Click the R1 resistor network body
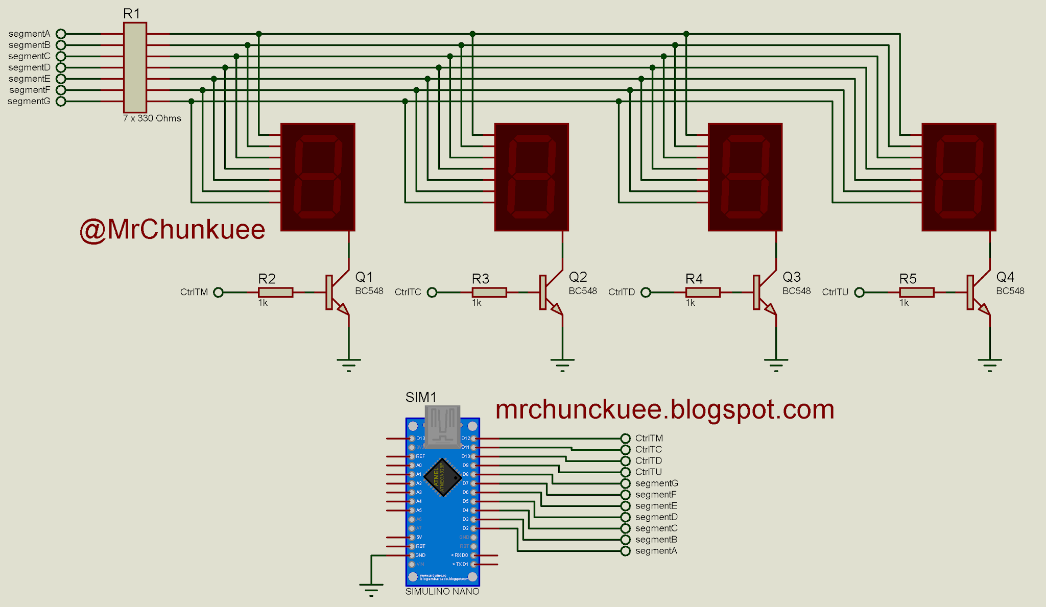pos(135,67)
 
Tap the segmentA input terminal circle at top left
pos(61,34)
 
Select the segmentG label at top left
pos(29,101)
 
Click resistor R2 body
pos(275,292)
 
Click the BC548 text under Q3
pos(796,291)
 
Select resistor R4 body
pos(703,292)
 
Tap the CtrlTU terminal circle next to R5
pos(860,292)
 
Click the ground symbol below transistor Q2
pos(562,363)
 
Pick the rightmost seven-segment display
pos(959,177)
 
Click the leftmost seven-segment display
pos(318,177)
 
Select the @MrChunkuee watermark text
pos(173,230)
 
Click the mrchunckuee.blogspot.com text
pos(664,409)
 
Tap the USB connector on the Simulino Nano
pos(442,425)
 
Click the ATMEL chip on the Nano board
pos(442,477)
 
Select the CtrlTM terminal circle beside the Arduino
pos(626,439)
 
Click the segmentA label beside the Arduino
pos(656,551)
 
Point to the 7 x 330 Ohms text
pos(152,118)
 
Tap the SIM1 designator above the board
pos(421,397)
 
